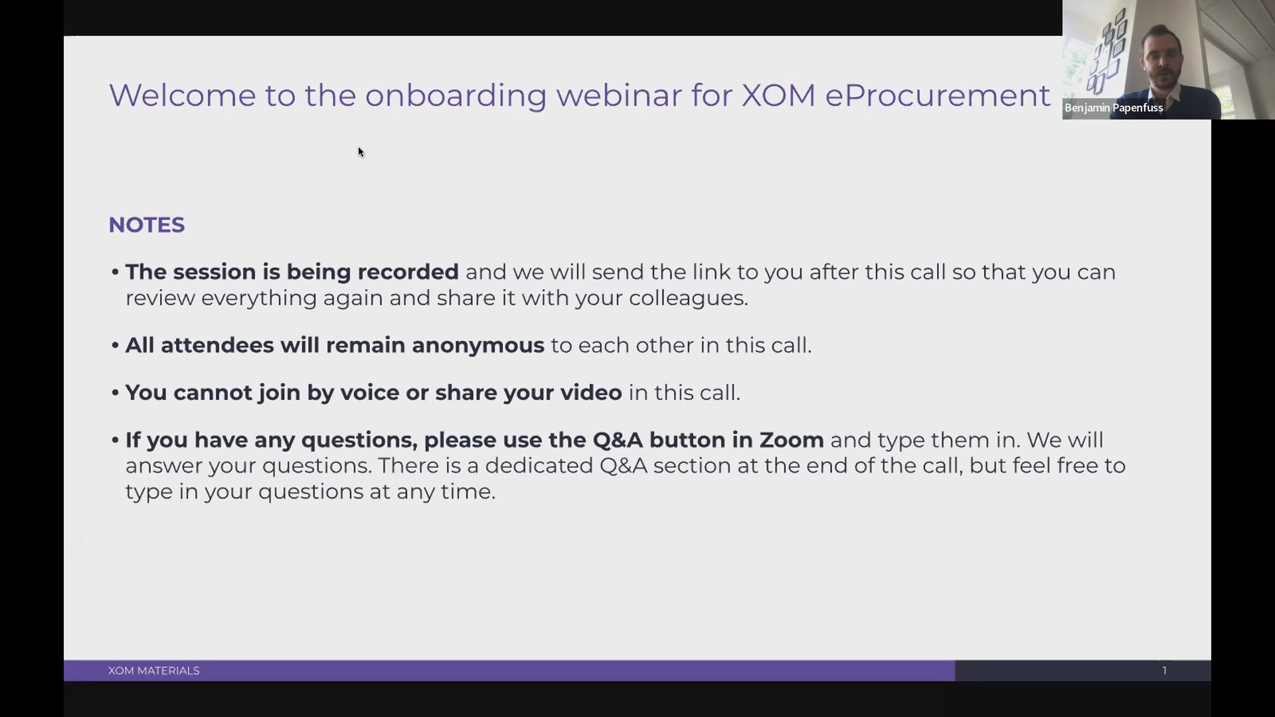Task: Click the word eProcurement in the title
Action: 938,96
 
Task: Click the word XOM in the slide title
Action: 778,95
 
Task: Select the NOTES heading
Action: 147,225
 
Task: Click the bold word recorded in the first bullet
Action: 408,272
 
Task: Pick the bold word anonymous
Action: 478,345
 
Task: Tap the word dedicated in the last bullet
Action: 539,465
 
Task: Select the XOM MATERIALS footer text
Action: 154,671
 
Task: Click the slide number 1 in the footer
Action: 1164,671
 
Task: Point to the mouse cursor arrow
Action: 361,152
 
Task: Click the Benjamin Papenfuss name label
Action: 1114,108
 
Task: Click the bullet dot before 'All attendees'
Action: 116,345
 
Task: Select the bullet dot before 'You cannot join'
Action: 116,392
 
